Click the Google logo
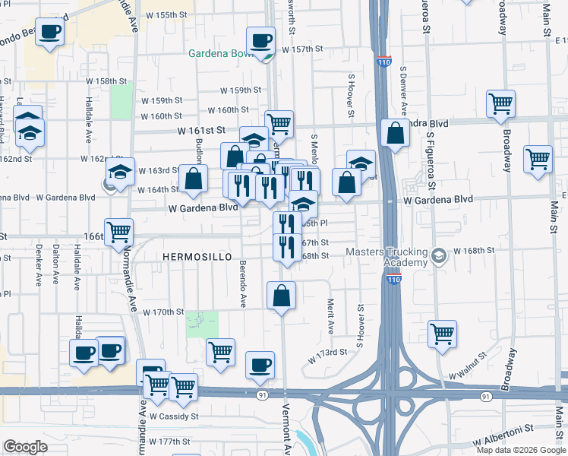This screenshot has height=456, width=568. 25,447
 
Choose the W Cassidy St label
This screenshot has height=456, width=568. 174,416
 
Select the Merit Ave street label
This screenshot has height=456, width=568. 331,315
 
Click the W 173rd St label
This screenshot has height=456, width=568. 327,353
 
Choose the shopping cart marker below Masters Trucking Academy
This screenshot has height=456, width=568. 442,334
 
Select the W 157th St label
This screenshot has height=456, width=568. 303,49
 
